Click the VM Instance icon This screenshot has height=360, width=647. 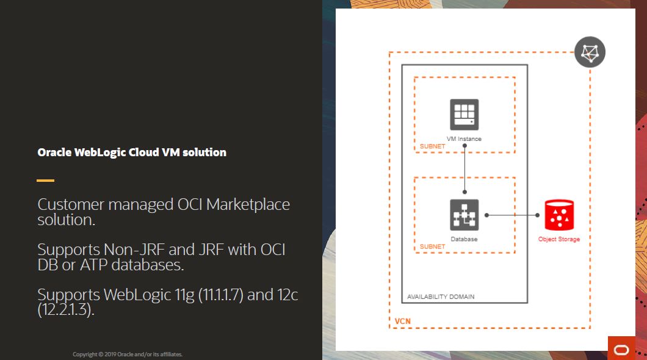(x=464, y=114)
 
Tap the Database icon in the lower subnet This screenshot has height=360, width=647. (x=464, y=215)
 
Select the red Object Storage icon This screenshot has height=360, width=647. (x=558, y=215)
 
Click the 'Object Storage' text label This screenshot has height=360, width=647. (x=558, y=239)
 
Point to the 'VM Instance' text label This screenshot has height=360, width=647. (x=464, y=139)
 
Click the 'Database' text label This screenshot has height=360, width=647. (x=464, y=239)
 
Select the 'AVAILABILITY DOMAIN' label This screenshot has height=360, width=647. (x=440, y=297)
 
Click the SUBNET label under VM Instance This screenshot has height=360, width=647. (x=432, y=147)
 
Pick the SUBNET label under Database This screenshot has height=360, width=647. (x=432, y=247)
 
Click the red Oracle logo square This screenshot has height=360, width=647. (x=621, y=348)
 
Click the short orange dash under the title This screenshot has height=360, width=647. (x=45, y=181)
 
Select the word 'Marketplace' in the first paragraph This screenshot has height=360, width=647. (x=248, y=204)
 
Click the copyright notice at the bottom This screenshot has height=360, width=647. (x=128, y=355)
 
